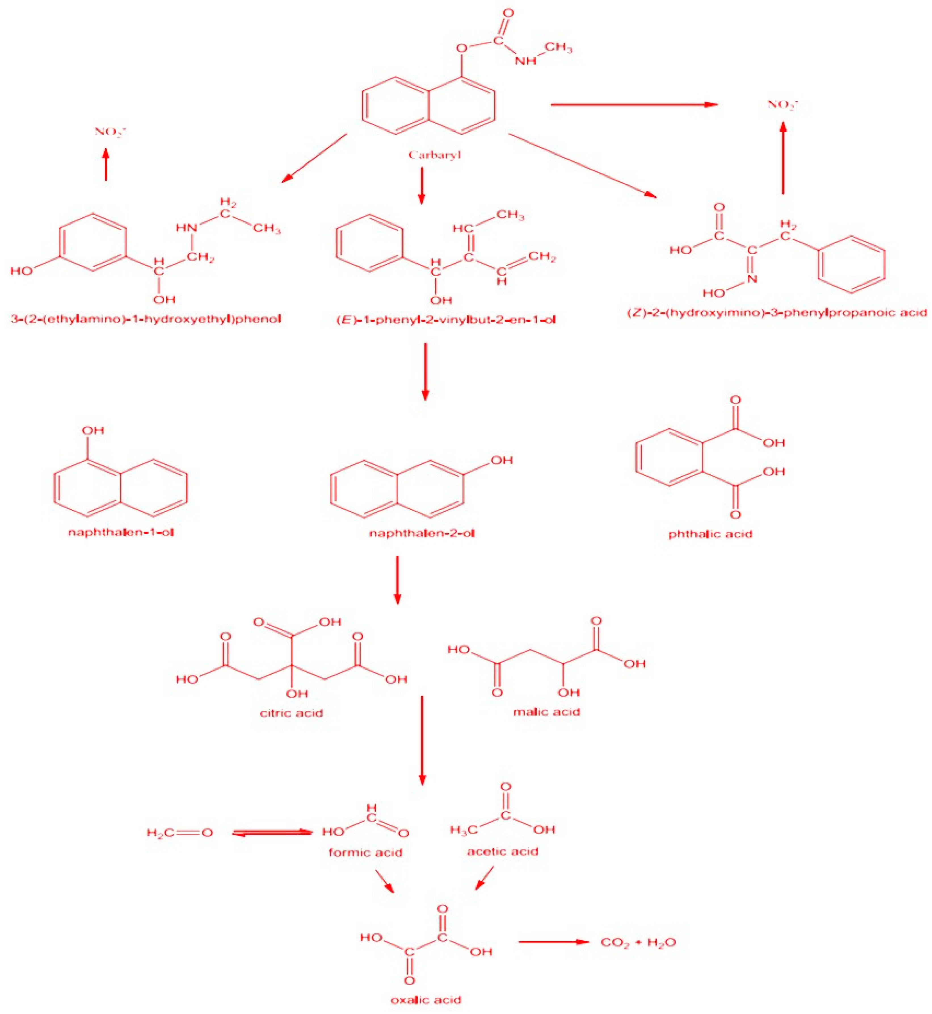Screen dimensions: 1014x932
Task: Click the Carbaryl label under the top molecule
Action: pyautogui.click(x=434, y=155)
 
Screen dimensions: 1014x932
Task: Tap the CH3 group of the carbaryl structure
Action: pyautogui.click(x=558, y=49)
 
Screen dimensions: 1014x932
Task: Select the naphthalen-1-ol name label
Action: pyautogui.click(x=121, y=533)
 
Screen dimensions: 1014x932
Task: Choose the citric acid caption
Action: pyautogui.click(x=291, y=713)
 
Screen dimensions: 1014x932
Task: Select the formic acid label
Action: pyautogui.click(x=365, y=852)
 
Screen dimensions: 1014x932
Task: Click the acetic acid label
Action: pyautogui.click(x=502, y=851)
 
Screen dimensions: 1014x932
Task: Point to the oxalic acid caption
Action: pyautogui.click(x=426, y=999)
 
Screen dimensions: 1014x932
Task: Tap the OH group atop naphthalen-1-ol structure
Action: pyautogui.click(x=93, y=430)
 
